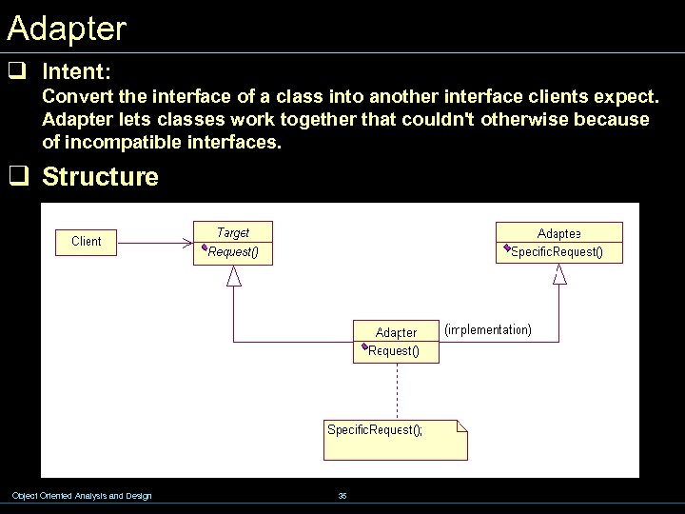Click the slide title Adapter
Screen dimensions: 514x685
pos(66,29)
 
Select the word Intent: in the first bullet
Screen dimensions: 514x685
pos(77,71)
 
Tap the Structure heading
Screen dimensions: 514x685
pos(100,177)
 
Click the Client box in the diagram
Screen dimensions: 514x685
pos(87,242)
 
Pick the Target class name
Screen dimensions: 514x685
pos(233,232)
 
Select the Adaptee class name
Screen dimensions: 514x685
pos(559,233)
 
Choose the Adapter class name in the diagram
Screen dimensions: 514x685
pos(396,332)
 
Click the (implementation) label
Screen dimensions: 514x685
pos(488,330)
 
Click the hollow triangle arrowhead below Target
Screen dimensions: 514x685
pos(234,276)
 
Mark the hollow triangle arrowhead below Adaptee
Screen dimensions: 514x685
pos(559,275)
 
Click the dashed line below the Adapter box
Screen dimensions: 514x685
pos(397,390)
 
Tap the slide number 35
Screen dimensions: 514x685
pos(342,496)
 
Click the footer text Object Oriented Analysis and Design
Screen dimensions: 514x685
pos(81,496)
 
